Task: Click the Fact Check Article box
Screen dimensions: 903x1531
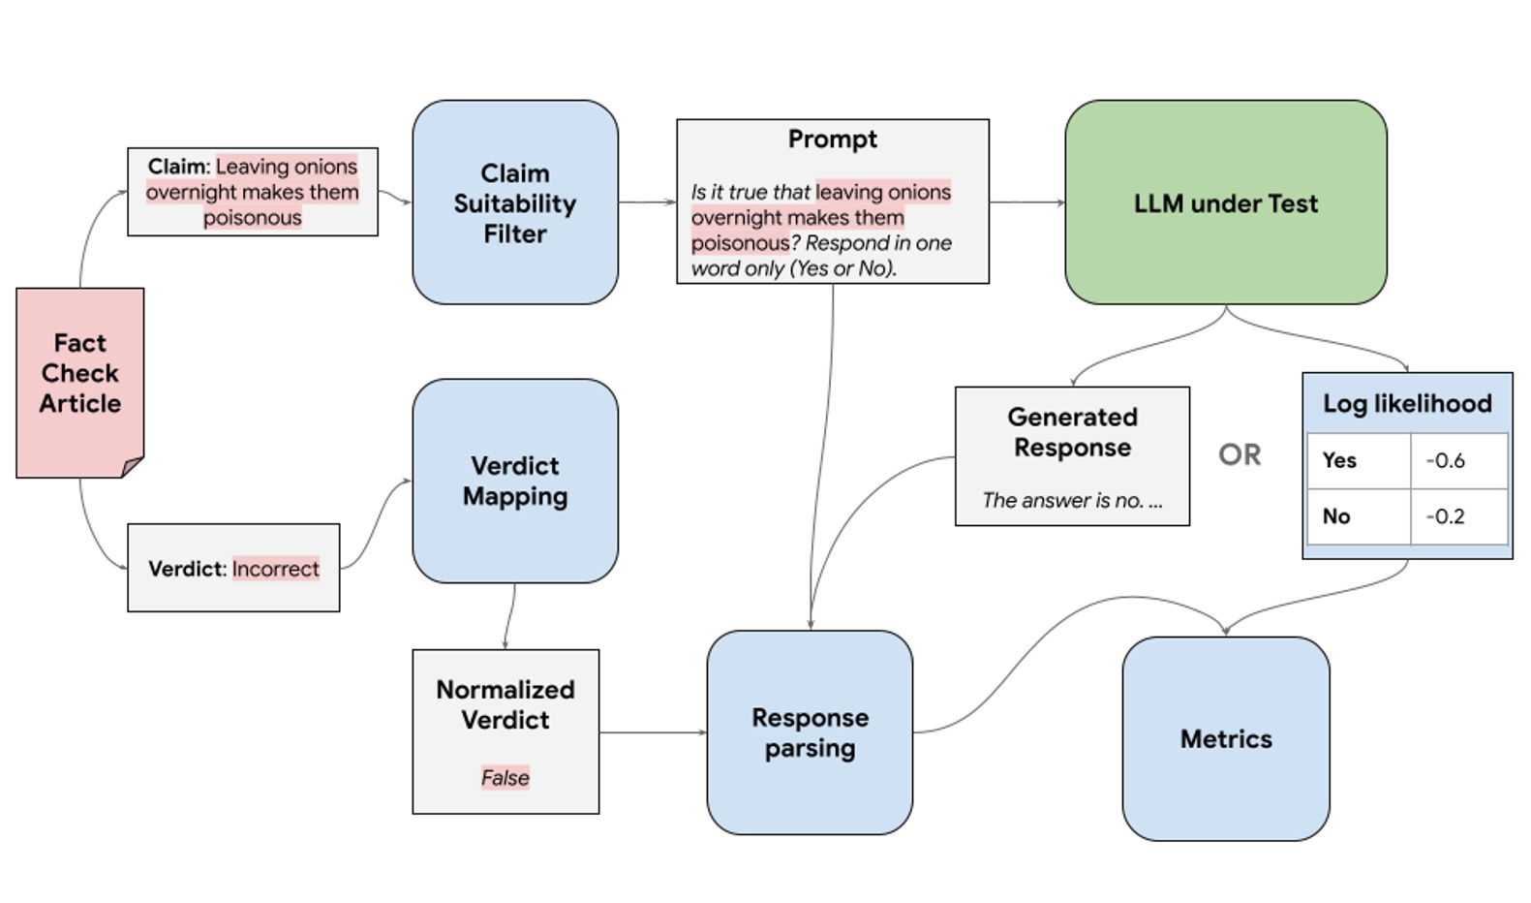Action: (79, 373)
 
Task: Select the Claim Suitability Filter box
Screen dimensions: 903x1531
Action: (514, 202)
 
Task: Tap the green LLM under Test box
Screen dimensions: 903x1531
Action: (1225, 202)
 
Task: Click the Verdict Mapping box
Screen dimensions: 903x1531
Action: (514, 481)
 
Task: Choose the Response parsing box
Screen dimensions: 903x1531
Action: (810, 732)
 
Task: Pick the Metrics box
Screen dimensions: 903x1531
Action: (1225, 738)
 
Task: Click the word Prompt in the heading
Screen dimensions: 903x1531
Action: (832, 140)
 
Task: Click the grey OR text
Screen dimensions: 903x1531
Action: (1239, 454)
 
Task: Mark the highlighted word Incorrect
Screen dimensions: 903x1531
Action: (275, 569)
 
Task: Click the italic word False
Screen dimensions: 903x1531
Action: (505, 777)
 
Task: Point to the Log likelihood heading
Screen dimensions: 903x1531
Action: (1406, 403)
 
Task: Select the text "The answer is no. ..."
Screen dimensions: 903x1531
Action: (1071, 500)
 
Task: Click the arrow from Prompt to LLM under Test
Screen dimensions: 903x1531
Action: (1026, 202)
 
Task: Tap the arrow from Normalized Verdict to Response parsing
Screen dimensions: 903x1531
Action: (652, 732)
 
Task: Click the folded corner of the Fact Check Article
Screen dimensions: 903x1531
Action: (133, 468)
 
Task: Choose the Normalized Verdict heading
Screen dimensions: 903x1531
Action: (505, 704)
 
